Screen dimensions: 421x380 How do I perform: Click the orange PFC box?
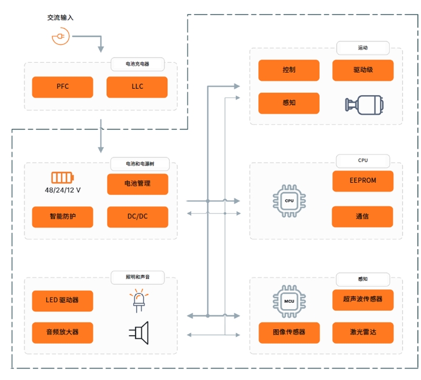(x=62, y=87)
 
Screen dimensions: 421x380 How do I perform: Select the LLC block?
(x=137, y=87)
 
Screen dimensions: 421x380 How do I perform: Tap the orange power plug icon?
(x=61, y=36)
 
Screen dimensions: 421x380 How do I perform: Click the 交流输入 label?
(x=61, y=18)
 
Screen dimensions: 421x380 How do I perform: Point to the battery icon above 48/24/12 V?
(x=62, y=178)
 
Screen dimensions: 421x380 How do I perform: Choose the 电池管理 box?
(x=138, y=184)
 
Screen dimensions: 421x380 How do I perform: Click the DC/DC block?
(x=138, y=217)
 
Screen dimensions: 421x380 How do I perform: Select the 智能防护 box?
(x=62, y=217)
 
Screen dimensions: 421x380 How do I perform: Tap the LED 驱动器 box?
(x=62, y=301)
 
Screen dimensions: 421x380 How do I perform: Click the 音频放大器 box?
(x=62, y=333)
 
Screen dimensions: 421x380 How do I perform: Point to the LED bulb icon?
(x=139, y=300)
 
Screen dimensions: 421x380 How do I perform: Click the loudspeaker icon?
(x=139, y=333)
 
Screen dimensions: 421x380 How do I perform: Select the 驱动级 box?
(x=363, y=70)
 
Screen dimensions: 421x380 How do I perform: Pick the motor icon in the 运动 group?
(x=364, y=105)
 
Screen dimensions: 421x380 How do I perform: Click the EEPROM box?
(x=363, y=181)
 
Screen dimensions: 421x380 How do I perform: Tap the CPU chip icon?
(x=289, y=201)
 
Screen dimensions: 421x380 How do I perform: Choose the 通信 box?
(x=363, y=217)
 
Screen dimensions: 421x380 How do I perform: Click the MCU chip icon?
(x=289, y=302)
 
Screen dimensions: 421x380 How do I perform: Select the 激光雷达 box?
(x=363, y=333)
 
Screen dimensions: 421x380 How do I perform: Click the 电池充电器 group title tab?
(x=137, y=64)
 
